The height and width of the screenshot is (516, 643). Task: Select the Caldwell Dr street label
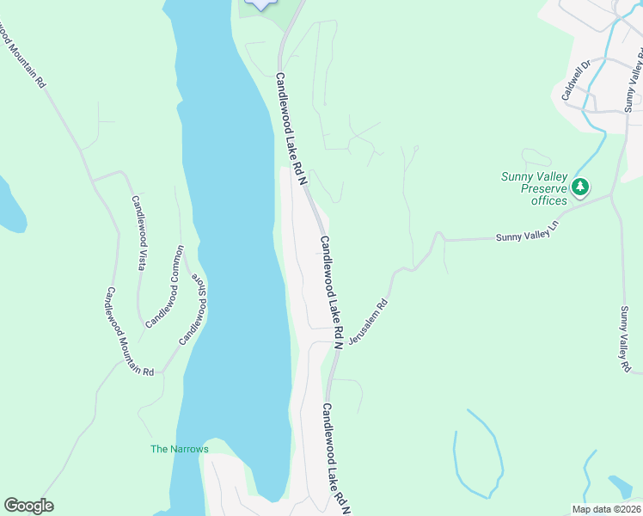[577, 80]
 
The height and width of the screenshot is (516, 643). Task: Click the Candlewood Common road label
[165, 286]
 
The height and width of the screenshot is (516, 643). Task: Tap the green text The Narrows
[180, 449]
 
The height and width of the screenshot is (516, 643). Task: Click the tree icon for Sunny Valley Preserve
[580, 187]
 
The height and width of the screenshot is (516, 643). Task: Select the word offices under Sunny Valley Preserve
[548, 200]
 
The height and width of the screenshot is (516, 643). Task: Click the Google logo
[28, 506]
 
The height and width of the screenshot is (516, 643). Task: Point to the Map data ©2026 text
[606, 509]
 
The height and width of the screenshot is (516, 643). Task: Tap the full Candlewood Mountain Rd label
[129, 331]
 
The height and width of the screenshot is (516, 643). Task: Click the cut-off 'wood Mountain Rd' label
[23, 52]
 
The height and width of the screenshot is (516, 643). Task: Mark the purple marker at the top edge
[261, 3]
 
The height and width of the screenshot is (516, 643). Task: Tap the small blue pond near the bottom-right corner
[620, 487]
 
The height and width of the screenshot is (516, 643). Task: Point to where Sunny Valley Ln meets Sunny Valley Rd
[611, 195]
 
